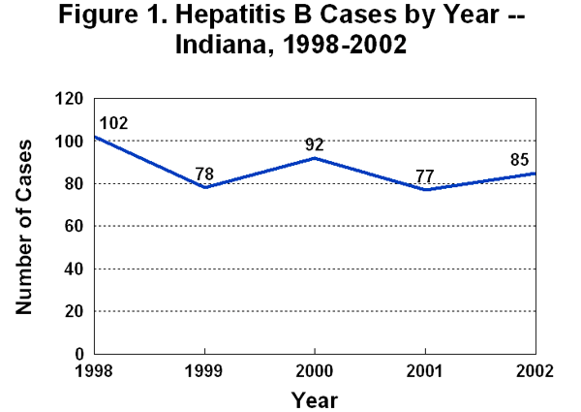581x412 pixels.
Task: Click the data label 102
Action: pyautogui.click(x=113, y=124)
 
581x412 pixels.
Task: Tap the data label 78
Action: pyautogui.click(x=205, y=174)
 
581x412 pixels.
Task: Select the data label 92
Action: pyautogui.click(x=315, y=145)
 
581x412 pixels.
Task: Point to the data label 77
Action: pyautogui.click(x=424, y=176)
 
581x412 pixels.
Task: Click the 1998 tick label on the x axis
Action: pyautogui.click(x=95, y=371)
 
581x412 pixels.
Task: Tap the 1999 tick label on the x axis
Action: pyautogui.click(x=205, y=371)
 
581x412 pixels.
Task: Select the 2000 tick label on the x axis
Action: pyautogui.click(x=315, y=371)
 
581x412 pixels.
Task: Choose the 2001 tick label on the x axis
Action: pyautogui.click(x=425, y=371)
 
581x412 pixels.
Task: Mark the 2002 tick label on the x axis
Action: pyautogui.click(x=535, y=371)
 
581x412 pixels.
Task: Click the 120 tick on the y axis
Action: pyautogui.click(x=71, y=99)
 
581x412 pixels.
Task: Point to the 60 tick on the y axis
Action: pyautogui.click(x=76, y=227)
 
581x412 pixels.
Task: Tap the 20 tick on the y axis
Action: pyautogui.click(x=76, y=311)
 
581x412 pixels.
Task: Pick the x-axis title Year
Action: pyautogui.click(x=315, y=397)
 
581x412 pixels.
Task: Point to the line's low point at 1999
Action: pyautogui.click(x=205, y=187)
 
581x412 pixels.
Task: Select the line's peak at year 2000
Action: pyautogui.click(x=315, y=158)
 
